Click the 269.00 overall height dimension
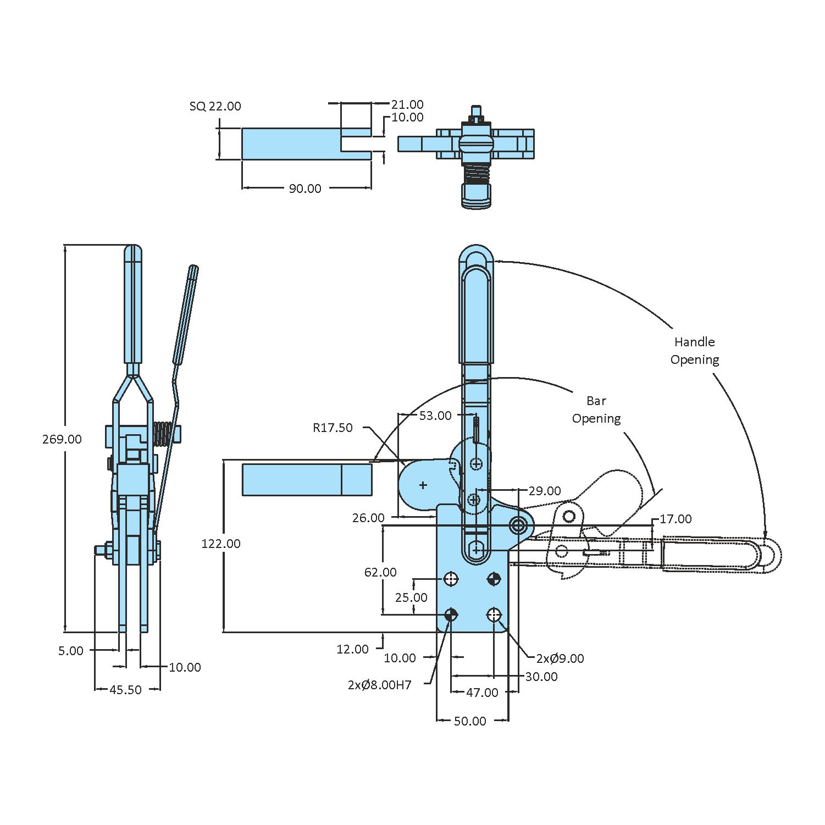click(62, 439)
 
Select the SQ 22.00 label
click(215, 106)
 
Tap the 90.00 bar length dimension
click(305, 189)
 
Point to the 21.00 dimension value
click(407, 104)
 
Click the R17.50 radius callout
click(333, 428)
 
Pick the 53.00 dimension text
click(435, 416)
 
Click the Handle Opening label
click(695, 351)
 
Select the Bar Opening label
click(596, 409)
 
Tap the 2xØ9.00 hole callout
click(560, 658)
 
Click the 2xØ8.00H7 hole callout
click(379, 685)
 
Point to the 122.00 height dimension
click(221, 544)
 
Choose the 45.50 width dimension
click(125, 690)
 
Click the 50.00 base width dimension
click(470, 721)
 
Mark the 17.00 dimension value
click(675, 519)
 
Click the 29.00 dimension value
click(545, 491)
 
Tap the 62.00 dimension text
click(380, 572)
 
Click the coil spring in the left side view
click(162, 434)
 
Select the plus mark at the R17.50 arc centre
click(423, 485)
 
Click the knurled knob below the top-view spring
click(475, 196)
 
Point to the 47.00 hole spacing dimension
click(482, 693)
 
